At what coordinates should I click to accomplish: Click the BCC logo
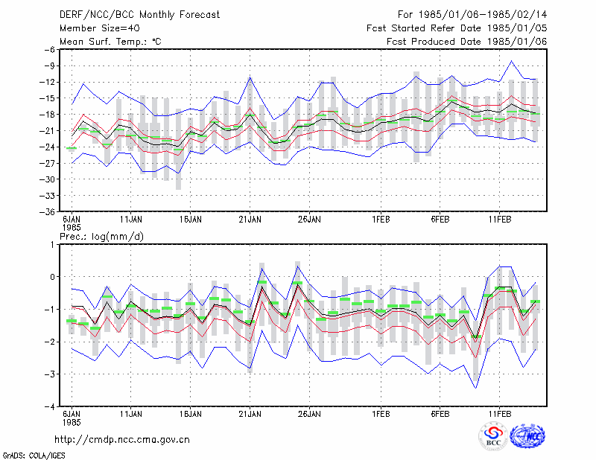(493, 436)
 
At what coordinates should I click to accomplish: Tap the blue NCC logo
(527, 436)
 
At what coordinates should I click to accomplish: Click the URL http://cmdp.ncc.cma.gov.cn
(122, 440)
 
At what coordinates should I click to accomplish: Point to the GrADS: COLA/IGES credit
(34, 456)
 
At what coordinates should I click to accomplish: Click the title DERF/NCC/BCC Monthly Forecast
(139, 15)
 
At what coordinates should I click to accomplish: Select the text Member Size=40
(100, 28)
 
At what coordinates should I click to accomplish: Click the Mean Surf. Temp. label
(110, 42)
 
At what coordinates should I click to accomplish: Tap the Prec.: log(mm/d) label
(101, 237)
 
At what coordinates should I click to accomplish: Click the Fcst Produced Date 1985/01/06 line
(467, 42)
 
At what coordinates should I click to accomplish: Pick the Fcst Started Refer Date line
(457, 28)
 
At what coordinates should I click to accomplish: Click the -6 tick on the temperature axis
(50, 50)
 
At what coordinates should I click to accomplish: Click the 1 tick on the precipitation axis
(52, 245)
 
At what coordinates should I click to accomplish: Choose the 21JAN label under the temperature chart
(250, 220)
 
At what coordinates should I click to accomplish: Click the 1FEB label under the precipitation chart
(381, 414)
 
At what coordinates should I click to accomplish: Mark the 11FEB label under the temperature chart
(499, 220)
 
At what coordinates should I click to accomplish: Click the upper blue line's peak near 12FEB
(512, 61)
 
